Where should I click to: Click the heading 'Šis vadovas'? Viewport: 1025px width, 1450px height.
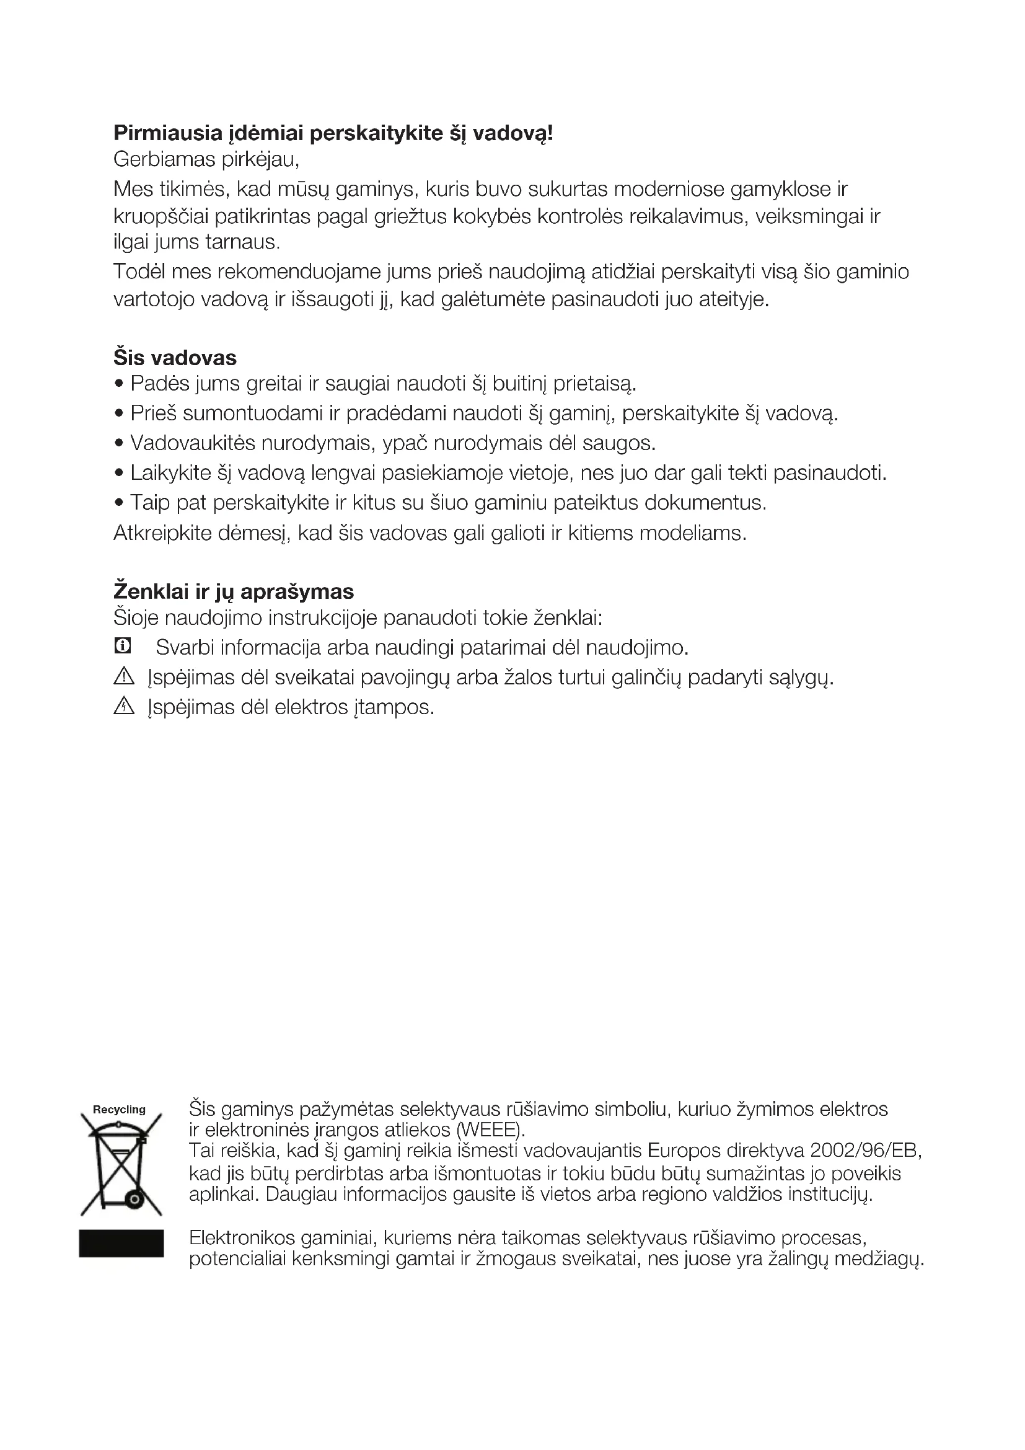pos(175,358)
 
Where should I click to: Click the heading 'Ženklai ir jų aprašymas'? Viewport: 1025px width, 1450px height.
pos(234,592)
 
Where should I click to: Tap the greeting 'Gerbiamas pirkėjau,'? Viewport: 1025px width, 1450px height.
pos(206,160)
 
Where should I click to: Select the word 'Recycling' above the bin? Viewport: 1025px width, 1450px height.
pos(119,1109)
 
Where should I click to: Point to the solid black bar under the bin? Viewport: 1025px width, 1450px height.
pos(121,1243)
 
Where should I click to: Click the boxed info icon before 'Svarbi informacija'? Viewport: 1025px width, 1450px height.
pos(123,646)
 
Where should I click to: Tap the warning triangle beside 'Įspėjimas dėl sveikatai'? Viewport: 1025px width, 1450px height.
pos(124,677)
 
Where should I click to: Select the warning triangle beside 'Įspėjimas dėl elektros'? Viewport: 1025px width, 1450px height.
pos(124,706)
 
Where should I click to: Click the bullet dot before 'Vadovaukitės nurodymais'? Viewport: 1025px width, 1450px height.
pos(118,443)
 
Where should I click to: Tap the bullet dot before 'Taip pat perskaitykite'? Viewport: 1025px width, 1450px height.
pos(118,503)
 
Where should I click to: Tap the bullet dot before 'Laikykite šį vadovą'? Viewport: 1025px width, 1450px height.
pos(118,473)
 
